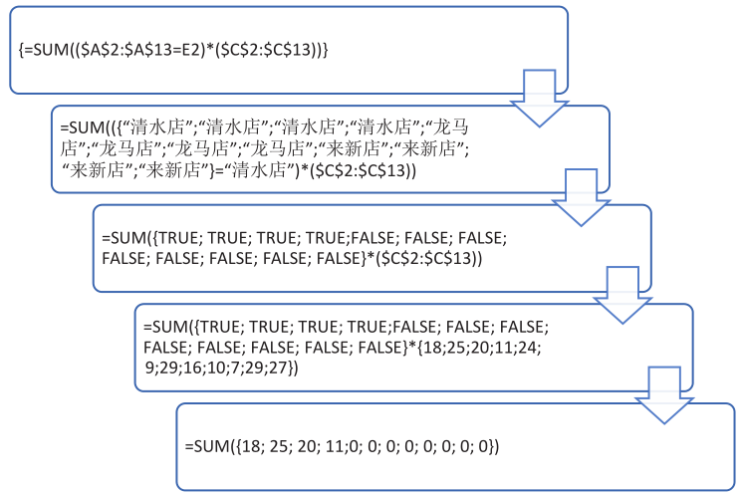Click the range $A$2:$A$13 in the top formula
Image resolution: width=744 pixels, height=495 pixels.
pos(116,48)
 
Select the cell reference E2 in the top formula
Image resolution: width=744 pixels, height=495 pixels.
pos(183,48)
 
